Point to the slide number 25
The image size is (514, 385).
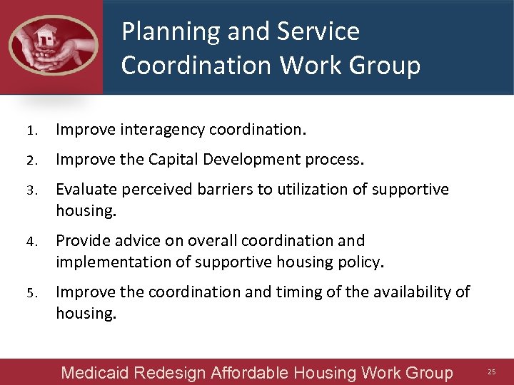click(491, 372)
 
